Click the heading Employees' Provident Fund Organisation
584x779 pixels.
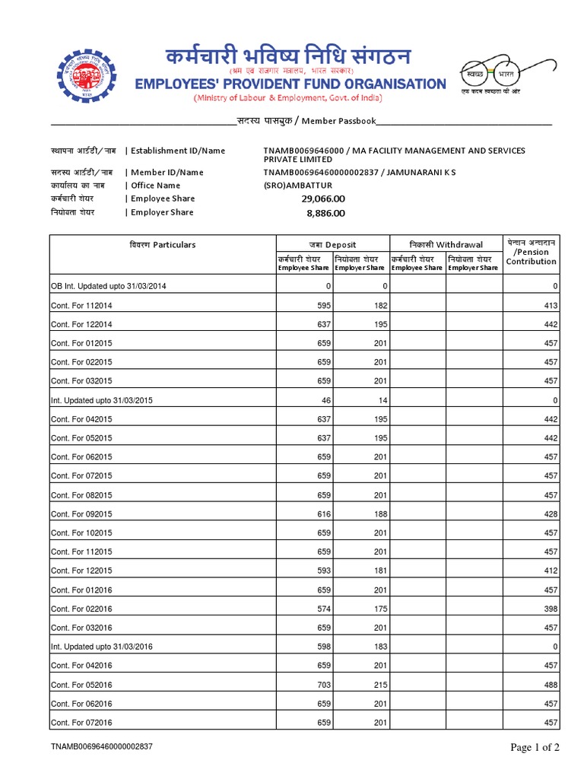290,83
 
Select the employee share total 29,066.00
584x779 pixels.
323,199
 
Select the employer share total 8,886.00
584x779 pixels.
325,213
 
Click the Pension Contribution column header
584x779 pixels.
531,252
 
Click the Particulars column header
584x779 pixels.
162,245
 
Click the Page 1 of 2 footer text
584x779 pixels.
535,748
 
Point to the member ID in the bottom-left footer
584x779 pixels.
102,748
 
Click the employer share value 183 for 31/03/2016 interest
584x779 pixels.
380,647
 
